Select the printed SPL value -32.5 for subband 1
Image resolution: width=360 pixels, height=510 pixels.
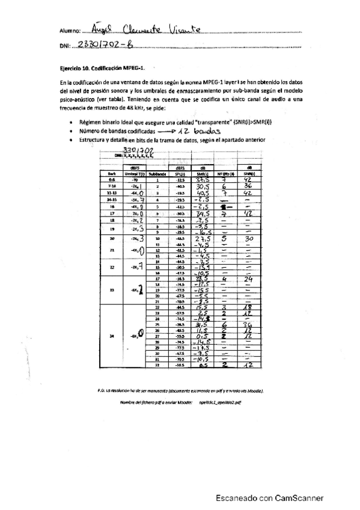(179, 180)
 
